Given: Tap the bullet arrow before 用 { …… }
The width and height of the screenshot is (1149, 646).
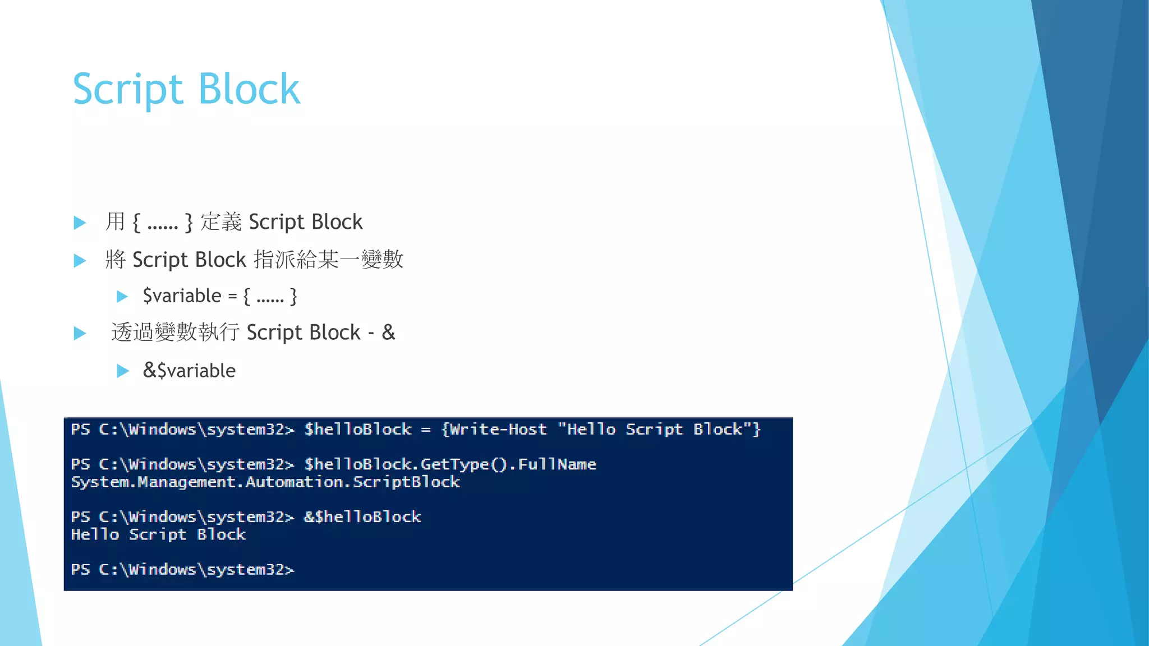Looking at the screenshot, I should [x=80, y=223].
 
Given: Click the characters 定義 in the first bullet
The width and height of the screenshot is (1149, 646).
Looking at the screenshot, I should [x=221, y=222].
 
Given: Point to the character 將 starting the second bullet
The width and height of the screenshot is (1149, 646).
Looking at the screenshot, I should [x=115, y=260].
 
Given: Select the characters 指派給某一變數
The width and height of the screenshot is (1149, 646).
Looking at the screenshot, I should [x=328, y=260].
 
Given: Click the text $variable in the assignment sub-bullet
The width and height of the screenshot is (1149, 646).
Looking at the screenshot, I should [x=182, y=296].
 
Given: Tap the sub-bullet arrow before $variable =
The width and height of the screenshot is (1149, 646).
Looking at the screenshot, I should [x=122, y=297].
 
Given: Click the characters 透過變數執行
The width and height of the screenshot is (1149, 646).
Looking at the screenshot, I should [x=175, y=333].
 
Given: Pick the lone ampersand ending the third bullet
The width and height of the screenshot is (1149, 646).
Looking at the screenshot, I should [x=388, y=333].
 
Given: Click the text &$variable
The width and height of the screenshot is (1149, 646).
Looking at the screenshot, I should [x=189, y=371].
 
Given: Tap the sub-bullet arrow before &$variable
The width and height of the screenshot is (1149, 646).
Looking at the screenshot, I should [x=122, y=371].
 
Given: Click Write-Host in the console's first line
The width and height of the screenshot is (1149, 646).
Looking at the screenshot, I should [x=498, y=430].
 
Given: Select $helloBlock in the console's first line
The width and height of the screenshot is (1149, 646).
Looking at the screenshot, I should [x=358, y=430].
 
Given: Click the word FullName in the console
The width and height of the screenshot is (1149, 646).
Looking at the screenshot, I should [x=557, y=464].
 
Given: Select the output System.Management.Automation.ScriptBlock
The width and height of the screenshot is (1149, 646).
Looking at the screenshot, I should [x=265, y=482].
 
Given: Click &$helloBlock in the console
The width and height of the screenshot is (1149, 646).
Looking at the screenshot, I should [x=362, y=517].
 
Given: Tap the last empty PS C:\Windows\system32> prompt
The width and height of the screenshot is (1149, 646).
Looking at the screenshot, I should [x=182, y=570].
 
